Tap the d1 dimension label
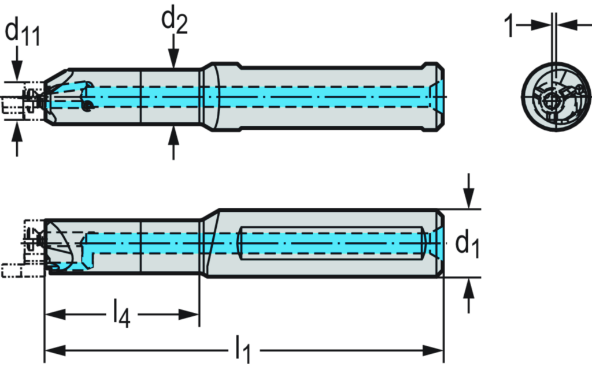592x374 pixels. pyautogui.click(x=468, y=244)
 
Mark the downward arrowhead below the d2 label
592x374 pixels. pyautogui.click(x=174, y=58)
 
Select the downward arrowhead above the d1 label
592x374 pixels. pyautogui.click(x=469, y=200)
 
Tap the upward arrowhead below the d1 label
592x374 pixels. pyautogui.click(x=469, y=287)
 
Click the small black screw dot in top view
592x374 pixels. pyautogui.click(x=87, y=106)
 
